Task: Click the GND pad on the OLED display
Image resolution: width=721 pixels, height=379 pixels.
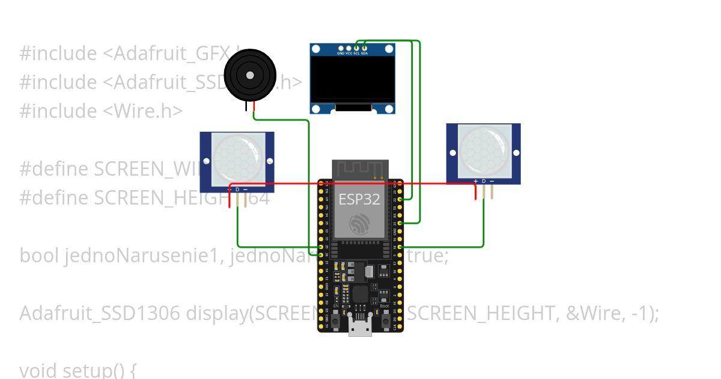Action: pyautogui.click(x=341, y=48)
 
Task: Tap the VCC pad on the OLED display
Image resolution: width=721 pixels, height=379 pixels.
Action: pyautogui.click(x=349, y=48)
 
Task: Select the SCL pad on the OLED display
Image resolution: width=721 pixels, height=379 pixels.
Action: pyautogui.click(x=357, y=48)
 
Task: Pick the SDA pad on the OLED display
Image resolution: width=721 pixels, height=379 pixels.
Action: pyautogui.click(x=365, y=48)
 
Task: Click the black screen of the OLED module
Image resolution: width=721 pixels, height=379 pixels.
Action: pyautogui.click(x=352, y=79)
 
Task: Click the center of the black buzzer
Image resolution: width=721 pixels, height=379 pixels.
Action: pyautogui.click(x=250, y=75)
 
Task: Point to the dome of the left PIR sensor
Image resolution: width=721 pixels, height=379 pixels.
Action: pyautogui.click(x=237, y=158)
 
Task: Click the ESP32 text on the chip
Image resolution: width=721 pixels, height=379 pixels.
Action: pyautogui.click(x=359, y=199)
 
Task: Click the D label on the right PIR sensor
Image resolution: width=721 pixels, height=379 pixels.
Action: pyautogui.click(x=484, y=181)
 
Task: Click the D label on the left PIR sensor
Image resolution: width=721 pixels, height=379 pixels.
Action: pyautogui.click(x=237, y=189)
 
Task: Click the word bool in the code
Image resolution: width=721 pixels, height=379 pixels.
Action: pyautogui.click(x=37, y=256)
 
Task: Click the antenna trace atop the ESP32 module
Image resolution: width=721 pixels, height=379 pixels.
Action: pyautogui.click(x=360, y=169)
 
